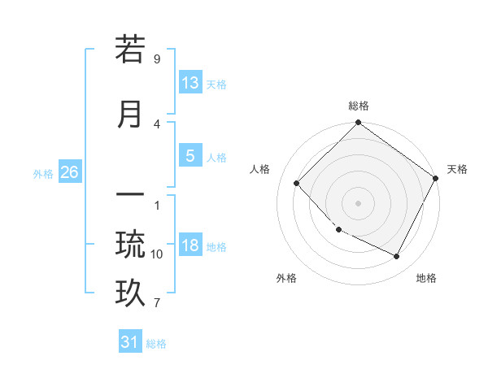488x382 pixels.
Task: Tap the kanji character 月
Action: point(130,114)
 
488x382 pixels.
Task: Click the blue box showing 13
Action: point(190,83)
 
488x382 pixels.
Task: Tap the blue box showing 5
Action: point(190,157)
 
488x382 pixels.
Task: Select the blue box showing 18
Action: point(190,246)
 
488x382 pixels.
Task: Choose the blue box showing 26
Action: point(69,172)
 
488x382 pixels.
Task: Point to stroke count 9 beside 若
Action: point(156,59)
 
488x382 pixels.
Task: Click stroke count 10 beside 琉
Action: point(156,254)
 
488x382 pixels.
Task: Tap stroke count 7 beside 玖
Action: point(156,303)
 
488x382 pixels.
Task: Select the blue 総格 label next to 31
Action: point(156,344)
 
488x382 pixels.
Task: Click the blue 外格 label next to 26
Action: point(43,173)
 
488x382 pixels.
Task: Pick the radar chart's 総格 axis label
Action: point(358,106)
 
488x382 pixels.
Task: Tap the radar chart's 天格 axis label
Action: point(457,169)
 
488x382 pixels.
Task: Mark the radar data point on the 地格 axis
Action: point(397,257)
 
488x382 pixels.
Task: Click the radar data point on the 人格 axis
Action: point(297,183)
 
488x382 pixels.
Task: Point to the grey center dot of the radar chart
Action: point(358,202)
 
